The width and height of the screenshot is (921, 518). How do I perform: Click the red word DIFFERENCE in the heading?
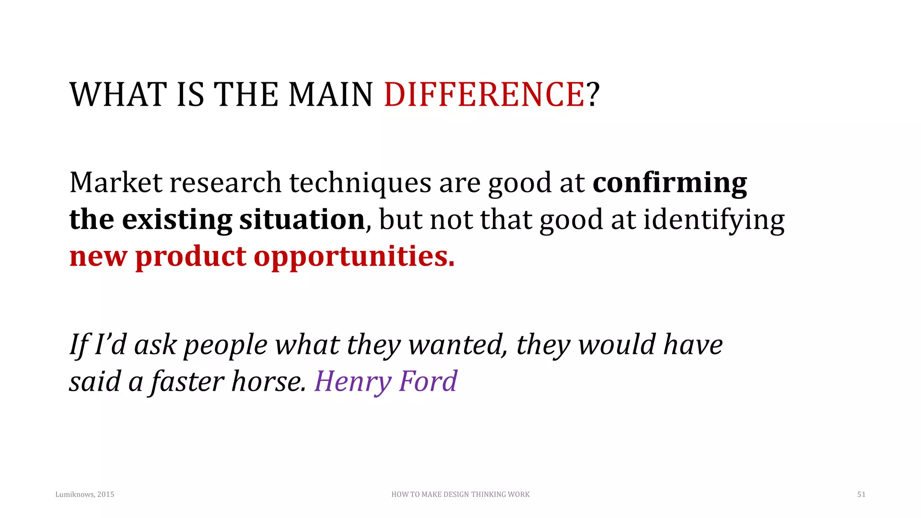click(484, 94)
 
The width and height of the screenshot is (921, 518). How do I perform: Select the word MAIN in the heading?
click(331, 94)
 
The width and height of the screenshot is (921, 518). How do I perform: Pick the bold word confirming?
click(670, 183)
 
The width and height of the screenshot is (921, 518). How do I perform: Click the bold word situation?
click(302, 219)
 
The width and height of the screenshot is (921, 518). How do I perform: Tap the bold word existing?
click(177, 220)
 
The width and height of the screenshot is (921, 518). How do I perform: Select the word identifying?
click(714, 220)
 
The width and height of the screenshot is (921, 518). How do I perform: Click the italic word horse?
click(268, 381)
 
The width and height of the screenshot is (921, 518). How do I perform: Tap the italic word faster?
click(188, 381)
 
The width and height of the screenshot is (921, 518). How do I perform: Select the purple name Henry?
click(353, 382)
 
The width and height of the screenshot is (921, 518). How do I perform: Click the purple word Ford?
click(428, 381)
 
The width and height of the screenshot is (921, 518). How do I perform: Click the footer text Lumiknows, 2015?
click(85, 495)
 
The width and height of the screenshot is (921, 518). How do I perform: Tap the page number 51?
click(861, 495)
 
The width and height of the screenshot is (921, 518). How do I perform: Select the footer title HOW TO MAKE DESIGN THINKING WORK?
click(460, 495)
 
